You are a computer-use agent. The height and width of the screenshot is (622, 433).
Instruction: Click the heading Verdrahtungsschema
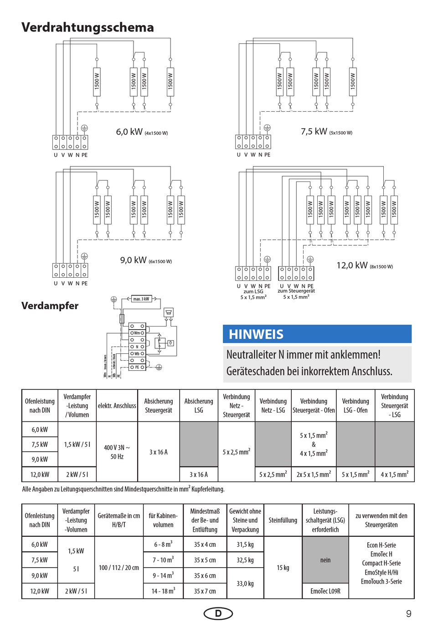88,27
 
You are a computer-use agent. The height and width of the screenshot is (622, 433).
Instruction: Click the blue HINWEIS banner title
256,334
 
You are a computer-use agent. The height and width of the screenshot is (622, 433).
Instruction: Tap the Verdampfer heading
50,306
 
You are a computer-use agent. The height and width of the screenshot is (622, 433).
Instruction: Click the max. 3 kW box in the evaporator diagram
141,299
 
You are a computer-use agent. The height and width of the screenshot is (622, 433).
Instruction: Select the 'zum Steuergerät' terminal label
296,291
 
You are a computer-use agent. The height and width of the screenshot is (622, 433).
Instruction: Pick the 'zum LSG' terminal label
253,291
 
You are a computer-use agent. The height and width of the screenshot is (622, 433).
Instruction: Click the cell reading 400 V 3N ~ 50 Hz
117,452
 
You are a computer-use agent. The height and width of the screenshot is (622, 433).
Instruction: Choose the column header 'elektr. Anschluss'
117,405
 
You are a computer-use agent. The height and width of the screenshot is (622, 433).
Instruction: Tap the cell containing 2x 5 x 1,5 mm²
314,474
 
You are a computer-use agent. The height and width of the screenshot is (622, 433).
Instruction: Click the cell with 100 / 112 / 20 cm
119,568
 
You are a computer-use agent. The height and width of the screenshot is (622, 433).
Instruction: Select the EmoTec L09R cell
325,591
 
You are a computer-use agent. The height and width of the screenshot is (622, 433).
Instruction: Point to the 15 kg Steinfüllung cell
283,568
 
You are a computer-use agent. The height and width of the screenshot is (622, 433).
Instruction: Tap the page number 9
408,613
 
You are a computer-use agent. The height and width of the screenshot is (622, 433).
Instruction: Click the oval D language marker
218,613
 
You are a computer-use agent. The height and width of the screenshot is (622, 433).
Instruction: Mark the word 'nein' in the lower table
325,560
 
